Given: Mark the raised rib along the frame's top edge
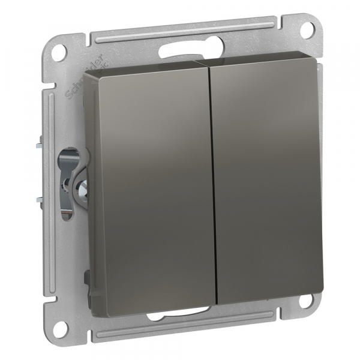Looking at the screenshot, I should pos(180,30).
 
